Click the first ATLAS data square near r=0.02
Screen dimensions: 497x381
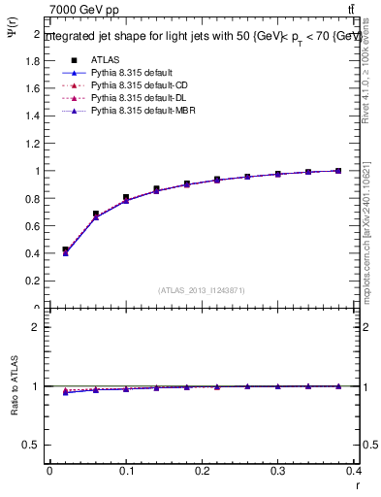(65, 249)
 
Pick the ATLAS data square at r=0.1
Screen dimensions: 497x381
(126, 197)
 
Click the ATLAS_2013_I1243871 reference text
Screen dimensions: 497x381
(202, 290)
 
